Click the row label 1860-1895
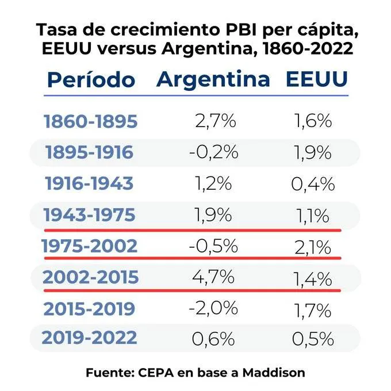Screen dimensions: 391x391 pyautogui.click(x=90, y=122)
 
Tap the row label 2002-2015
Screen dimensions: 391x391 pyautogui.click(x=90, y=278)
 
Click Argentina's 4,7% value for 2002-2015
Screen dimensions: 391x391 pyautogui.click(x=213, y=278)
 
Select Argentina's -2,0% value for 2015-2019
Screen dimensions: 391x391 pyautogui.click(x=213, y=308)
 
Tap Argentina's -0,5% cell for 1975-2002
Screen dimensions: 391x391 pyautogui.click(x=213, y=246)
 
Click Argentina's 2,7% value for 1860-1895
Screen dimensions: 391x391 pyautogui.click(x=214, y=122)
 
